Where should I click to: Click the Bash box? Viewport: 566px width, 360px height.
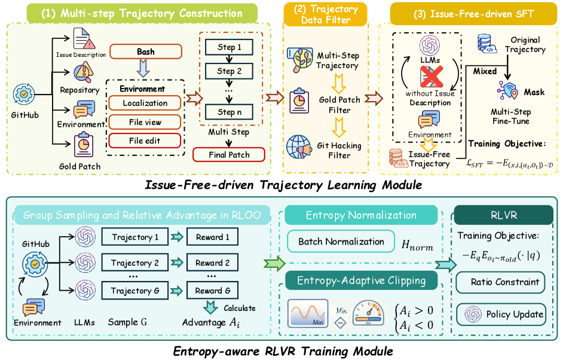click(146, 51)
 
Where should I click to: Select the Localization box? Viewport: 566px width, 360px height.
click(145, 103)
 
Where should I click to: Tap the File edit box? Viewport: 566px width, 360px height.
click(145, 141)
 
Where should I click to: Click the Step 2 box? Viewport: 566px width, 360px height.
click(230, 71)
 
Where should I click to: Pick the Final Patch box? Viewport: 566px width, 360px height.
click(229, 154)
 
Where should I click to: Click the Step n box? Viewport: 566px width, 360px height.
click(230, 112)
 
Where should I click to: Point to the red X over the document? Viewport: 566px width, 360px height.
click(432, 77)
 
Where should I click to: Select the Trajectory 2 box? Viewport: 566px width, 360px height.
click(135, 263)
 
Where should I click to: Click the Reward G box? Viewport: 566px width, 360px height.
click(213, 290)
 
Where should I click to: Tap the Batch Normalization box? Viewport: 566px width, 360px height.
click(341, 241)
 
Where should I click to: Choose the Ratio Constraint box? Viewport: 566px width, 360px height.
click(501, 282)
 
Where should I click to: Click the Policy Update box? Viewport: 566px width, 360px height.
click(501, 314)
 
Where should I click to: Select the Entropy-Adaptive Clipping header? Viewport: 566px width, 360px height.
click(362, 280)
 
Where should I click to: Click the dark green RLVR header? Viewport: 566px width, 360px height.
click(504, 215)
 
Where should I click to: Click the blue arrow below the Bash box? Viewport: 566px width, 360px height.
click(143, 68)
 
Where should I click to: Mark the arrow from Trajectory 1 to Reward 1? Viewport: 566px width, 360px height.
click(178, 237)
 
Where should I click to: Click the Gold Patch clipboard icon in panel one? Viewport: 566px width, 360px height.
click(84, 145)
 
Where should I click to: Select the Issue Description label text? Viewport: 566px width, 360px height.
click(81, 54)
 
